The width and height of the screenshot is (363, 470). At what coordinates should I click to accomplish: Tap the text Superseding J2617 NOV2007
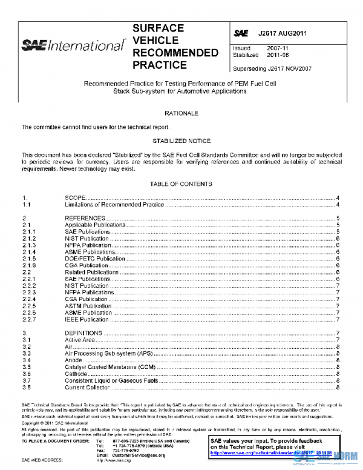[x=272, y=68]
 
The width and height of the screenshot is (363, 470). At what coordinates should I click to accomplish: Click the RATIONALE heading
[x=181, y=113]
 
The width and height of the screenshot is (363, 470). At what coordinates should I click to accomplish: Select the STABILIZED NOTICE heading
[x=181, y=140]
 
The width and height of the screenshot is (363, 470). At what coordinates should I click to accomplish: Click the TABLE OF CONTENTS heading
[x=181, y=184]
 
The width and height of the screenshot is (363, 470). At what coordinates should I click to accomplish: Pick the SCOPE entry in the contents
[x=76, y=198]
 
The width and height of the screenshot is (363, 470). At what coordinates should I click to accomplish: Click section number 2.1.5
[x=29, y=259]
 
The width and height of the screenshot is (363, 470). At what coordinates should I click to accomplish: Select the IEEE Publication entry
[x=87, y=319]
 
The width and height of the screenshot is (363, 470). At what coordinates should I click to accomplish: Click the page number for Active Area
[x=336, y=340]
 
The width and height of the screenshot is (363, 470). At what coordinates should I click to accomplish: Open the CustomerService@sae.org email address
[x=139, y=454]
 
